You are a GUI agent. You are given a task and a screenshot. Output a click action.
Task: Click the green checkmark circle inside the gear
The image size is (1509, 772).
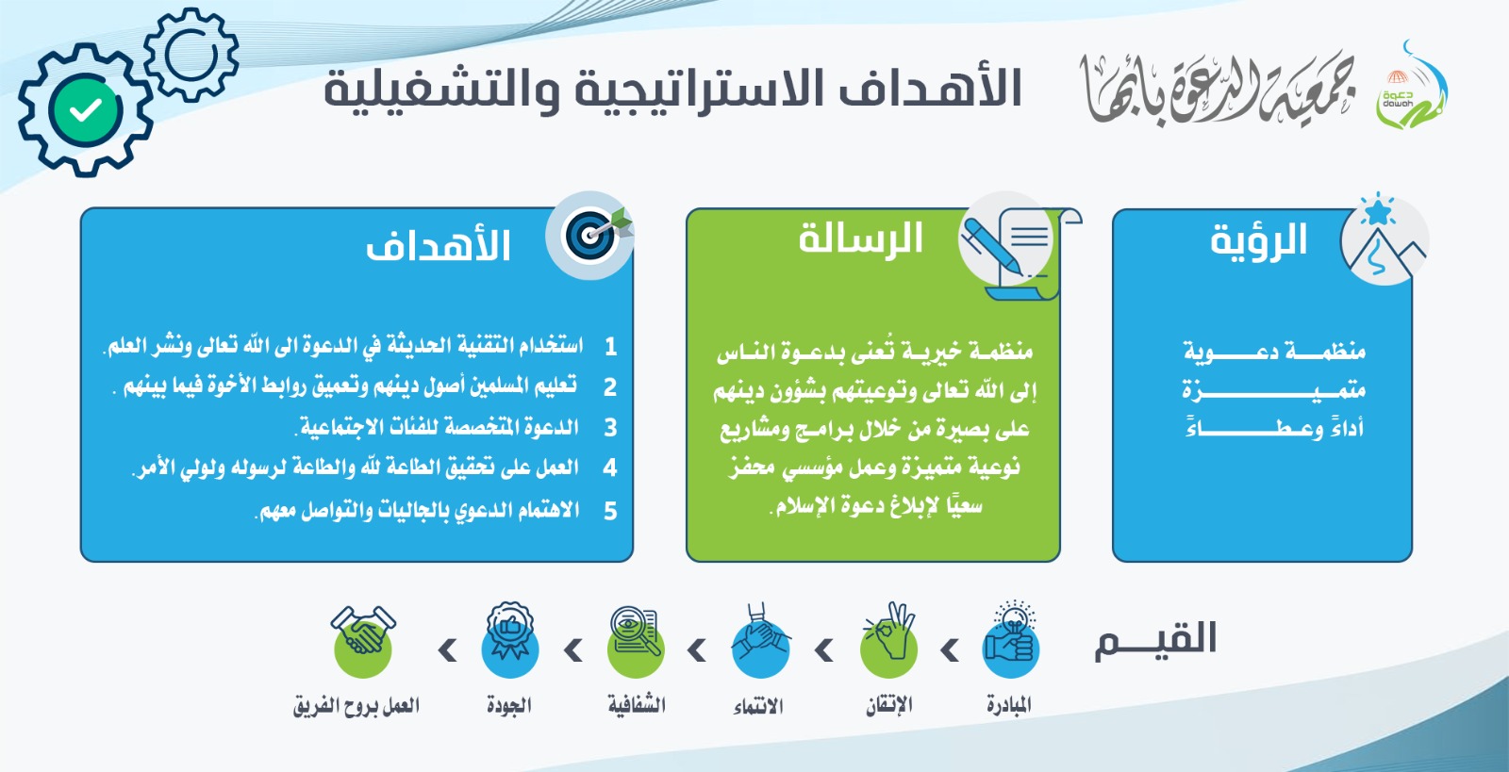pos(86,109)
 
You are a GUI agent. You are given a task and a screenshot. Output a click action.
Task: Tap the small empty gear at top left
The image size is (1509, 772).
pos(191,55)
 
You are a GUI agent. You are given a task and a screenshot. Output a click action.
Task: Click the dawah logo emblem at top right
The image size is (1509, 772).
pos(1411,86)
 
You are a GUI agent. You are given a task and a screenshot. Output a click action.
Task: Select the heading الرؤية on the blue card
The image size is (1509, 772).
pos(1258,239)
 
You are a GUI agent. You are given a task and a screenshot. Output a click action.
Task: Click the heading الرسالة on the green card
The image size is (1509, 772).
pos(860,238)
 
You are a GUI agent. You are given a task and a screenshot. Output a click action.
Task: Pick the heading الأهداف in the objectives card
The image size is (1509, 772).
pos(438,245)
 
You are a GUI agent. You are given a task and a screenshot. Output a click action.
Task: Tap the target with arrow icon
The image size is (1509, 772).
pos(590,235)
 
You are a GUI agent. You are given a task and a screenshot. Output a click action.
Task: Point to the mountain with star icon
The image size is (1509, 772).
pos(1385,238)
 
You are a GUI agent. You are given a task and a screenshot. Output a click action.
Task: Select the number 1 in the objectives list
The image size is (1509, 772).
pos(610,347)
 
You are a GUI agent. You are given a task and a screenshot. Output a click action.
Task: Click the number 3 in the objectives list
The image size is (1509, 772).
pos(610,428)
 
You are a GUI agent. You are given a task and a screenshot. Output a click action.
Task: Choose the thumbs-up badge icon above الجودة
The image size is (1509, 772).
pos(510,639)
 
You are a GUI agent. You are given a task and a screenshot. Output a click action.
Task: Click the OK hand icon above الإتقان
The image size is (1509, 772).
pos(888,640)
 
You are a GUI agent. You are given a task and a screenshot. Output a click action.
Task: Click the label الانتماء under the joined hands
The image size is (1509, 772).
pos(758,707)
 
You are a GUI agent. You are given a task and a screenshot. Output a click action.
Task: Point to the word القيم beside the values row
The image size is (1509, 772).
pos(1156,639)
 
